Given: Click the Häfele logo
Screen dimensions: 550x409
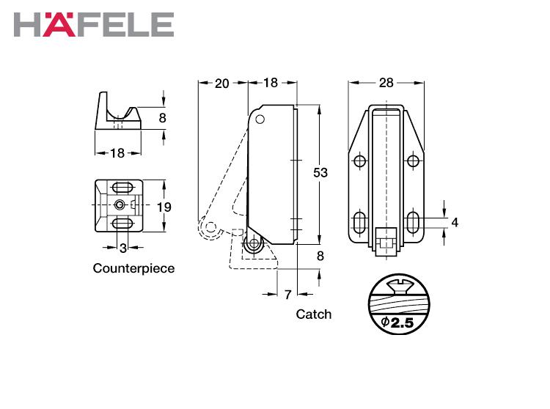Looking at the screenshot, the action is (94, 24).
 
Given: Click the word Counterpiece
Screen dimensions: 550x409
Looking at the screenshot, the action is (133, 268).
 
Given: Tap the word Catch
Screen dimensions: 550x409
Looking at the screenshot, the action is (314, 314).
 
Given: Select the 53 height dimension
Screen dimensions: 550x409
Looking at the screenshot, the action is (320, 172).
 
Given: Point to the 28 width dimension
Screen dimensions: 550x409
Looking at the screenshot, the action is (386, 83).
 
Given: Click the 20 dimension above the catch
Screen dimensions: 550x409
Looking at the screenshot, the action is (221, 84).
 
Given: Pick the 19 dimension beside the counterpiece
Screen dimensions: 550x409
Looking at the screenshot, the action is (164, 207).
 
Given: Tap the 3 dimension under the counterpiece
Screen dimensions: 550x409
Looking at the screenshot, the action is (122, 248).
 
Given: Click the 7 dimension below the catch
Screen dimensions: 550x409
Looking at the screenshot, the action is (287, 295).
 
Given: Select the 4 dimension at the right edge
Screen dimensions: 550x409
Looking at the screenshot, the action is (455, 222).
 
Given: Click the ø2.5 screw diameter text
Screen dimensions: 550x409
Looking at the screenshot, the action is (397, 322).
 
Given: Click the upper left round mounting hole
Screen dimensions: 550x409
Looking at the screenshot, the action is (359, 161).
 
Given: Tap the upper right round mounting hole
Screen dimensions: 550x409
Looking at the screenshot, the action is (413, 161).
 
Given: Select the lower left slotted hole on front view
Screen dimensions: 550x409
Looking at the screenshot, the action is (359, 222).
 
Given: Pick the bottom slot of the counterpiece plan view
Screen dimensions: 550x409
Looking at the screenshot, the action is (122, 224).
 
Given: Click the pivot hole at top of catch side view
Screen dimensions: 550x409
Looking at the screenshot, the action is (260, 119).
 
